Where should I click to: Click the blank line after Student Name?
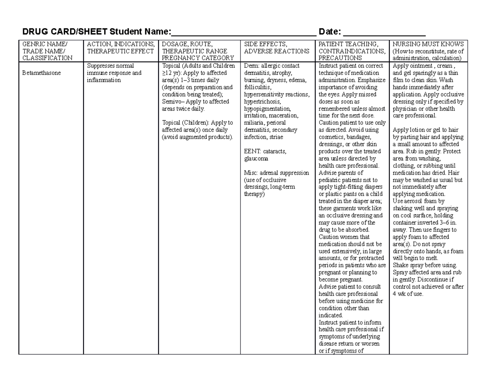point(243,33)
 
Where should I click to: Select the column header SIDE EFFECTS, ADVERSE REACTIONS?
point(277,48)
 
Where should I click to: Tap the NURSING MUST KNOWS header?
point(428,44)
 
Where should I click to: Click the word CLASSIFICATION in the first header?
point(47,58)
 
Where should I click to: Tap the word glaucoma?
point(256,158)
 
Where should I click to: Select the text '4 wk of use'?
point(408,294)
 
